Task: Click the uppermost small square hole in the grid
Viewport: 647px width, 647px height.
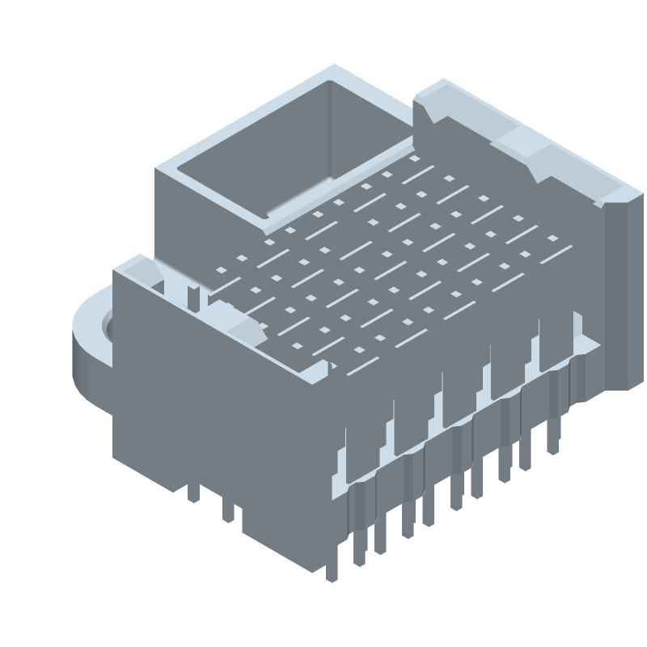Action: click(x=416, y=159)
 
